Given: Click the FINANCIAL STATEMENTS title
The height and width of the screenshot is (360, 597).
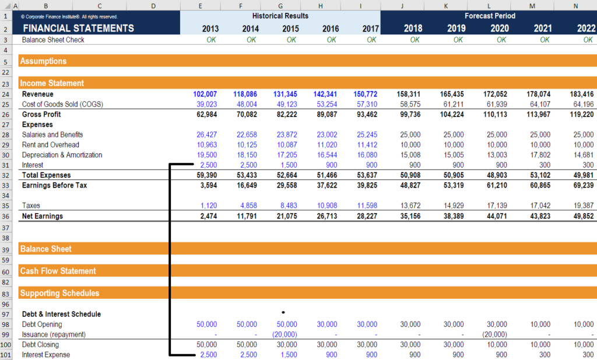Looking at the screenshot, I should click(78, 28).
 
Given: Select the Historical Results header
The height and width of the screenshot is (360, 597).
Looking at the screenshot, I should click(280, 16).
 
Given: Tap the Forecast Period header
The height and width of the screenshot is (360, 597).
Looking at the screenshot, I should click(489, 16).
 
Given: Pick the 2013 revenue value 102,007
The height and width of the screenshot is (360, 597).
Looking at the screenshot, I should click(205, 94).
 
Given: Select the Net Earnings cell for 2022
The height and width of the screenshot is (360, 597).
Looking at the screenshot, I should click(581, 216).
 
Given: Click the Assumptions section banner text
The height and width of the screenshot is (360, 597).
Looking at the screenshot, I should click(44, 61).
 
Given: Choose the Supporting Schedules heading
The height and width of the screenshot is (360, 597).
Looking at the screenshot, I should click(59, 293).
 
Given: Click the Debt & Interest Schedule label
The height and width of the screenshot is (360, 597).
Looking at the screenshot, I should click(61, 314).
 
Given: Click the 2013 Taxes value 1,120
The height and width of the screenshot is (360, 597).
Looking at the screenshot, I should click(209, 206).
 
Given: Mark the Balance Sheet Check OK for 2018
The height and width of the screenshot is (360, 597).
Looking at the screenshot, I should click(415, 40).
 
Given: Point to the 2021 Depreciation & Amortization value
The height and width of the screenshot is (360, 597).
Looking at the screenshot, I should click(540, 155).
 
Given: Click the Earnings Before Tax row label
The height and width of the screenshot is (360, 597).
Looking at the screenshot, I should click(54, 185).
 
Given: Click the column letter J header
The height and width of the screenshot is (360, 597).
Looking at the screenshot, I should click(403, 5).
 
